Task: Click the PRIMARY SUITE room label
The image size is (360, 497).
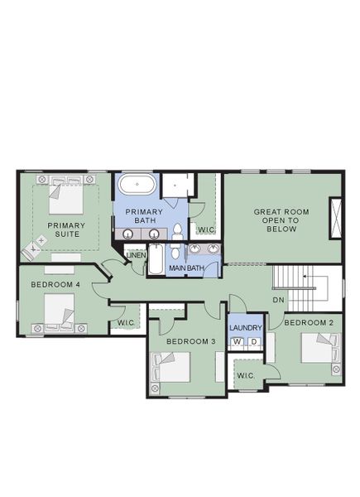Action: pyautogui.click(x=63, y=229)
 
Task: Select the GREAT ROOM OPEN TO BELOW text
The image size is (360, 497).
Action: pyautogui.click(x=281, y=220)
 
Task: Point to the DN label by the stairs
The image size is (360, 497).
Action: pyautogui.click(x=278, y=299)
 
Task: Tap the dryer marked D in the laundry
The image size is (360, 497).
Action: pyautogui.click(x=253, y=341)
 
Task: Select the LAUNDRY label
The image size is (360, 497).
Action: pyautogui.click(x=245, y=328)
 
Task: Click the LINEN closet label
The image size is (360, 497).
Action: pyautogui.click(x=136, y=255)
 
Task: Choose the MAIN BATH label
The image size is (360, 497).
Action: pyautogui.click(x=186, y=268)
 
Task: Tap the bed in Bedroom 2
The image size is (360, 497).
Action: pyautogui.click(x=319, y=348)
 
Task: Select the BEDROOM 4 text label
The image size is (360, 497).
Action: pyautogui.click(x=55, y=285)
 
